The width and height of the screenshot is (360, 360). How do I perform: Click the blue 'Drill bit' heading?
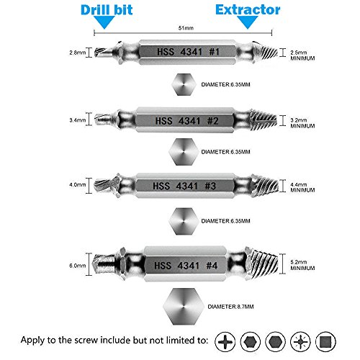pyautogui.click(x=107, y=10)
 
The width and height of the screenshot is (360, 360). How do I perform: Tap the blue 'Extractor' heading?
pyautogui.click(x=248, y=10)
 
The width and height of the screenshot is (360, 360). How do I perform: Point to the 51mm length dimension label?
pyautogui.click(x=186, y=28)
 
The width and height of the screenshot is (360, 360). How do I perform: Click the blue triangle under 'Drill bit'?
pyautogui.click(x=104, y=22)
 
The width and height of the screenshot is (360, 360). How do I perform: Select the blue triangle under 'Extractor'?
pyautogui.click(x=248, y=22)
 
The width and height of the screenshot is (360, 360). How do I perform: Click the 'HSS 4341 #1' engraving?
pyautogui.click(x=188, y=52)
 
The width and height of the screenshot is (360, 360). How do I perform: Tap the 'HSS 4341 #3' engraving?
pyautogui.click(x=184, y=186)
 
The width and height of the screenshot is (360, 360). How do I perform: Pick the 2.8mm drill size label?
pyautogui.click(x=77, y=53)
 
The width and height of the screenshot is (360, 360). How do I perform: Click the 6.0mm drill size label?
pyautogui.click(x=77, y=266)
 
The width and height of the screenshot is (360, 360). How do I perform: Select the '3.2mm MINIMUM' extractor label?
pyautogui.click(x=302, y=123)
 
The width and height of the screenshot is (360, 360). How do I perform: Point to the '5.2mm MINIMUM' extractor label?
pyautogui.click(x=302, y=265)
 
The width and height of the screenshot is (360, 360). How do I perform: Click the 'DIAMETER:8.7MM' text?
pyautogui.click(x=230, y=307)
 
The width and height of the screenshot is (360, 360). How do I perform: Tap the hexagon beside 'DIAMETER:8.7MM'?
pyautogui.click(x=183, y=307)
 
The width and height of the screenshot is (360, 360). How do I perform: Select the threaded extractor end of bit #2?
pyautogui.click(x=264, y=120)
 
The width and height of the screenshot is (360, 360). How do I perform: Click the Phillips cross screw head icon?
pyautogui.click(x=225, y=341)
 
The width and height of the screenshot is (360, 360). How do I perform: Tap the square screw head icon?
pyautogui.click(x=325, y=341)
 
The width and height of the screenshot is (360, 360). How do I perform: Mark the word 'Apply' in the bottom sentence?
pyautogui.click(x=32, y=341)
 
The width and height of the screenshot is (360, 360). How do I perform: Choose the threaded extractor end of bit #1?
pyautogui.click(x=266, y=53)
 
